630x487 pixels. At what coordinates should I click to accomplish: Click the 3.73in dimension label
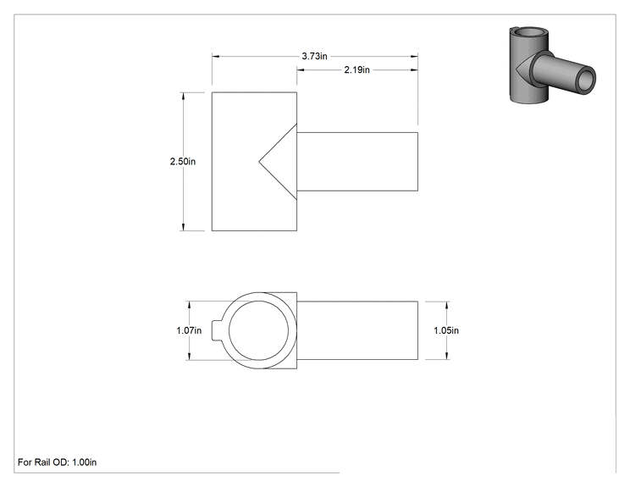[315, 56]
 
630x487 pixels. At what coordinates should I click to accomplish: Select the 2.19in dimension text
[356, 70]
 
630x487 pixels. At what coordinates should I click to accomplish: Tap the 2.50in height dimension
[183, 162]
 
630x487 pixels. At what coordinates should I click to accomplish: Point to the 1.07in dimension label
[189, 330]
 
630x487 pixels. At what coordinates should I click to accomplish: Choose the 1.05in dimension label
[446, 330]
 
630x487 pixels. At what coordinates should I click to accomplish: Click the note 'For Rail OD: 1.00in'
[57, 462]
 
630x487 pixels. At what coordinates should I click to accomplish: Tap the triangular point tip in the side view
[259, 162]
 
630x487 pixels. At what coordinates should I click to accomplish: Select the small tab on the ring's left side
[217, 330]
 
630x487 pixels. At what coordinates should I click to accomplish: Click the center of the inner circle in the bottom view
[259, 330]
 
